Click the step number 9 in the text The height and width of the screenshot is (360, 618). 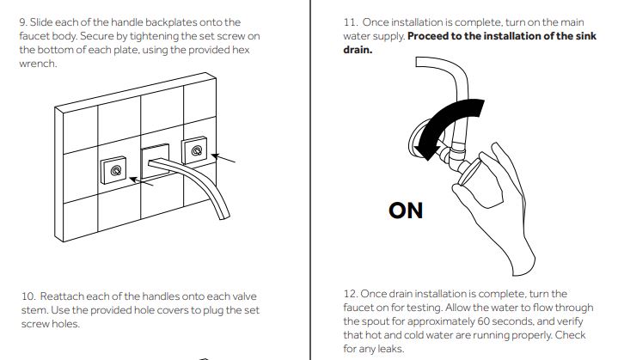pyautogui.click(x=23, y=21)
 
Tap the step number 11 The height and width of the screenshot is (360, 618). pyautogui.click(x=338, y=21)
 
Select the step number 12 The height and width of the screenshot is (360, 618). pyautogui.click(x=339, y=294)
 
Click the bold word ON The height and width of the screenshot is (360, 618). pyautogui.click(x=406, y=210)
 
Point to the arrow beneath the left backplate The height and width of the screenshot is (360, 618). pyautogui.click(x=143, y=180)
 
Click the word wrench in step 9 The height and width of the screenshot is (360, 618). pyautogui.click(x=37, y=64)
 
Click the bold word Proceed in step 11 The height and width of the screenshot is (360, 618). pyautogui.click(x=433, y=35)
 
